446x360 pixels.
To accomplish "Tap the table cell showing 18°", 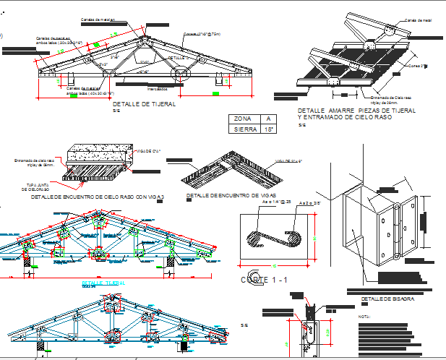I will pyautogui.click(x=269, y=129).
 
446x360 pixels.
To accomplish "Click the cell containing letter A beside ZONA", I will pyautogui.click(x=269, y=119).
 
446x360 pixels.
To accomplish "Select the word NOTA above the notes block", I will pyautogui.click(x=365, y=316).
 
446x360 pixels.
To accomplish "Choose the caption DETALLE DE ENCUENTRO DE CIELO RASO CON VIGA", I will pyautogui.click(x=98, y=196).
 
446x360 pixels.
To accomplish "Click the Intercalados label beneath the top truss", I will pyautogui.click(x=157, y=89).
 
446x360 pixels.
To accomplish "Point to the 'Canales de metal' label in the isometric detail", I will pyautogui.click(x=418, y=20).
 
